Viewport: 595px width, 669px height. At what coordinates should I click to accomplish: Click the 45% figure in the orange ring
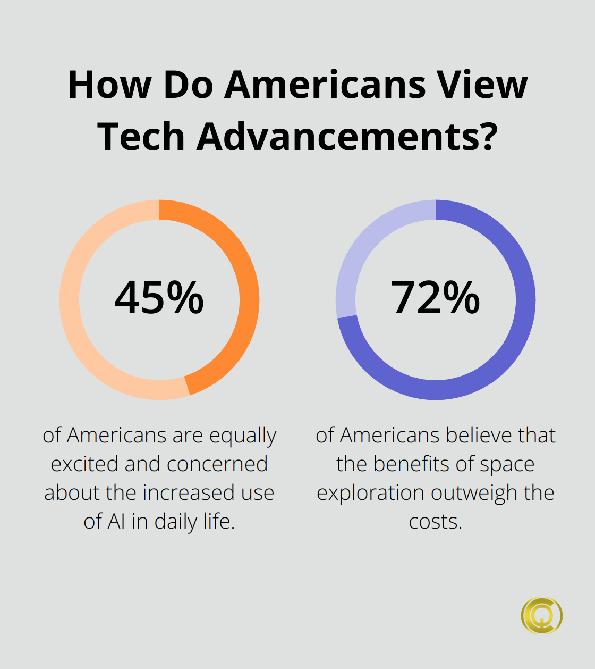159,298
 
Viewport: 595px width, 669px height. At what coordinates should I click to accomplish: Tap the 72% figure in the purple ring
435,298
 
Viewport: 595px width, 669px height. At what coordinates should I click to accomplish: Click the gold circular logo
541,616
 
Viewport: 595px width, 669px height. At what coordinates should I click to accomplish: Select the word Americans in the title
325,85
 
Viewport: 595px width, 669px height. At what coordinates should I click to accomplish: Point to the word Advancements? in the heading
347,137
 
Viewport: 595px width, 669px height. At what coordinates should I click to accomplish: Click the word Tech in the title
141,137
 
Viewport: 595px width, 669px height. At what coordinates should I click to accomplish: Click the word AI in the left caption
117,522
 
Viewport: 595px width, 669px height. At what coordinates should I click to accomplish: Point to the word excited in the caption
84,464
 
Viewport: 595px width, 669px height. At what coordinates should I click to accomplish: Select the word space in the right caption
507,464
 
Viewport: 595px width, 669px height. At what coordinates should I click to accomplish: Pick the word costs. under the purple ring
435,522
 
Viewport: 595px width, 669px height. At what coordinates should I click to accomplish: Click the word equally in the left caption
242,436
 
